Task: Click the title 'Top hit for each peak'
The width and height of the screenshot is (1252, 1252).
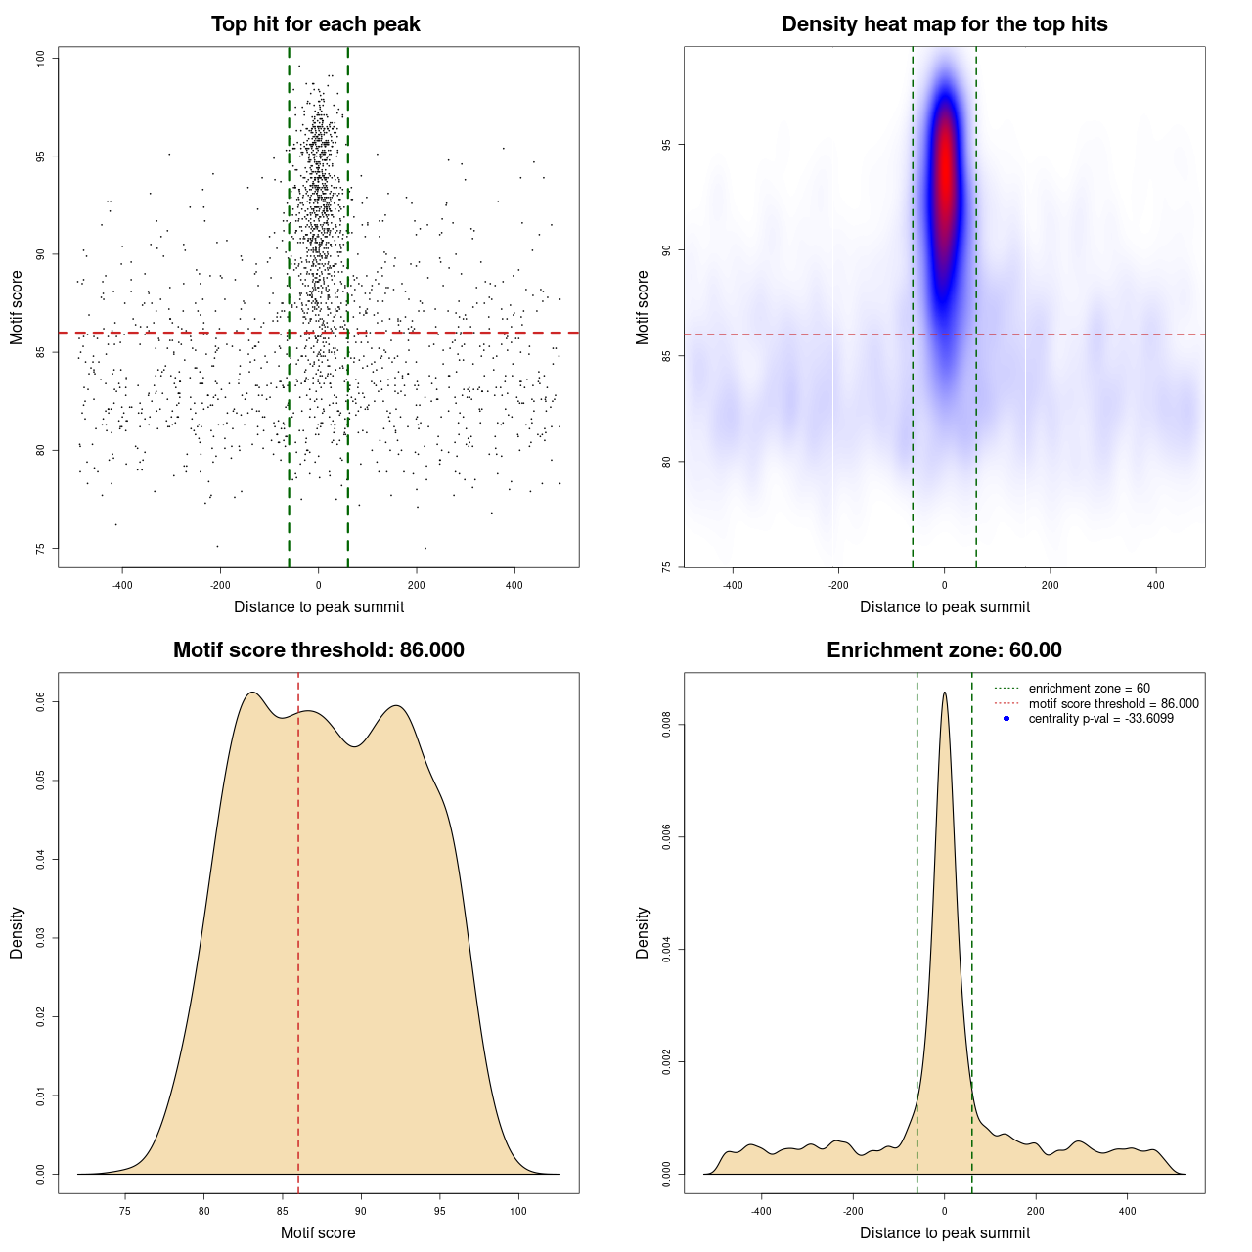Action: click(315, 24)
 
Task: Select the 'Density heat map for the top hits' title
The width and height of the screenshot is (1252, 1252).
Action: click(944, 24)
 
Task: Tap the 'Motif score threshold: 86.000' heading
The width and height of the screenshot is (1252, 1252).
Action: click(318, 650)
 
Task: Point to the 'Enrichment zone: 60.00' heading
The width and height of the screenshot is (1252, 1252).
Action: click(944, 650)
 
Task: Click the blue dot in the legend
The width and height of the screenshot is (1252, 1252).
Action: click(1006, 719)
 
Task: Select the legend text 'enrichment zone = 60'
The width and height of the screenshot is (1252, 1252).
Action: click(1089, 689)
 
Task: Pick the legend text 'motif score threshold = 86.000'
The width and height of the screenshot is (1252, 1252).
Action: click(1113, 703)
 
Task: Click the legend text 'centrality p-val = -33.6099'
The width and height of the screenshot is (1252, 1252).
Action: click(1100, 719)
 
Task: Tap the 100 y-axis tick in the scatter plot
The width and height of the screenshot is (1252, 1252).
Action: click(41, 58)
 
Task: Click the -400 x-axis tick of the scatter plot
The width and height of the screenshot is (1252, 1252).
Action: click(122, 585)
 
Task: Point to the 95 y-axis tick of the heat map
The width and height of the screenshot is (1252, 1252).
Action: click(666, 145)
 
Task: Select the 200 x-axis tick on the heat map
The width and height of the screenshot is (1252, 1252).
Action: click(1050, 585)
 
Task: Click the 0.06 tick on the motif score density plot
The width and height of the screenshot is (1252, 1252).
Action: click(41, 701)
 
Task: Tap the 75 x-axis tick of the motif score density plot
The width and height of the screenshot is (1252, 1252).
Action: click(125, 1211)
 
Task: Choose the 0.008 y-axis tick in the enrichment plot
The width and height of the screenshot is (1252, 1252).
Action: click(666, 725)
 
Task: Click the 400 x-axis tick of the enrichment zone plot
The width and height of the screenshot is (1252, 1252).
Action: click(1128, 1211)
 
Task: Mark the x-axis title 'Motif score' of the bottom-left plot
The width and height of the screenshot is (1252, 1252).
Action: click(318, 1232)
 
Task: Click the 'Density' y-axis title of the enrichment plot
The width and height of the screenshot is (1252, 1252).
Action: click(643, 932)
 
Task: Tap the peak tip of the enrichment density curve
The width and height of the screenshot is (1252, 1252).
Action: click(944, 693)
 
